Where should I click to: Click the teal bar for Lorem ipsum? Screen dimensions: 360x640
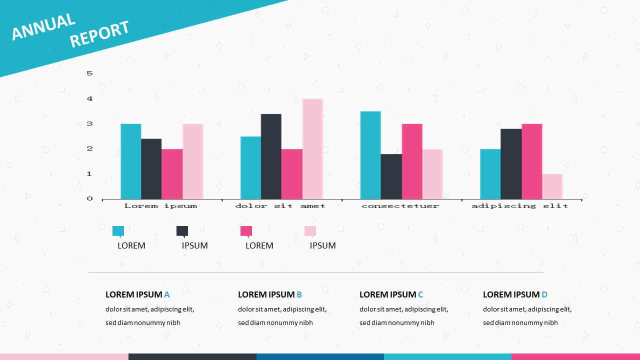[131, 161]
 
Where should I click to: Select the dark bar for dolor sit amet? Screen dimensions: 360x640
[271, 156]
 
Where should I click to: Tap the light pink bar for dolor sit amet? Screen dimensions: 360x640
[312, 149]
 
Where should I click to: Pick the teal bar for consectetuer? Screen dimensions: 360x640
[370, 155]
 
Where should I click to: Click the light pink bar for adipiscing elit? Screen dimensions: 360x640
[552, 186]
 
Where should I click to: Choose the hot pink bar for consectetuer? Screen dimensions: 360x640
[412, 161]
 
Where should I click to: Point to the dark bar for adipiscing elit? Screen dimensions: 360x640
[511, 164]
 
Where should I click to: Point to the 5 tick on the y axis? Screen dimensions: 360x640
[90, 73]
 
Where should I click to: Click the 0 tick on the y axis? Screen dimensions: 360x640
[90, 199]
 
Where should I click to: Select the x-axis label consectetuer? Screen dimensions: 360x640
[400, 206]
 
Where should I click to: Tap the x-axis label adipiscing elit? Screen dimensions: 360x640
[520, 206]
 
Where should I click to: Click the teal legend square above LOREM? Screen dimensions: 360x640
[118, 230]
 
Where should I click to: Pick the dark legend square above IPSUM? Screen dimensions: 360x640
[182, 230]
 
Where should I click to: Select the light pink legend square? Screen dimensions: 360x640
[310, 230]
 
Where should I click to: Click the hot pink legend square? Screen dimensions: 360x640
[246, 230]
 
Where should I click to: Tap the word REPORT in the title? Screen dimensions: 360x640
[99, 34]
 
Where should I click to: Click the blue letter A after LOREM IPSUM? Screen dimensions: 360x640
[167, 294]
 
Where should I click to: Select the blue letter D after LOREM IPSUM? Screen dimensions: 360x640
[544, 294]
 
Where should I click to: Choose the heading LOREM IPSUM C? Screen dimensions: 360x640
[391, 294]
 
